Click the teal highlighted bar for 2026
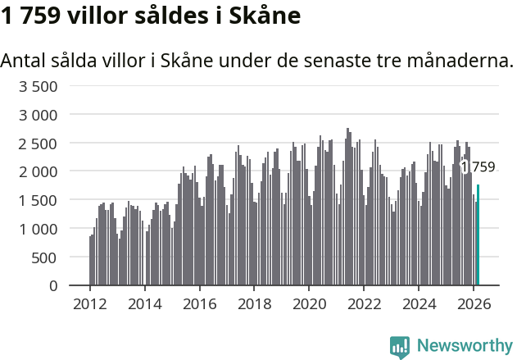478,235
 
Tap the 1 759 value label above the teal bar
478,167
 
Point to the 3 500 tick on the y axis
39,86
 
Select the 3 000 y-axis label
39,115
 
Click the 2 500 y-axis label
39,144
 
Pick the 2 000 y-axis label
39,171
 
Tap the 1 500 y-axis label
39,200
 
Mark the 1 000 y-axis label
39,229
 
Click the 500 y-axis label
45,257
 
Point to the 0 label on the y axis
53,285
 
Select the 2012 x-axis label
90,304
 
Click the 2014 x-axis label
145,304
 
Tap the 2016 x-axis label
200,304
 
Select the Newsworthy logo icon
399,346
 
